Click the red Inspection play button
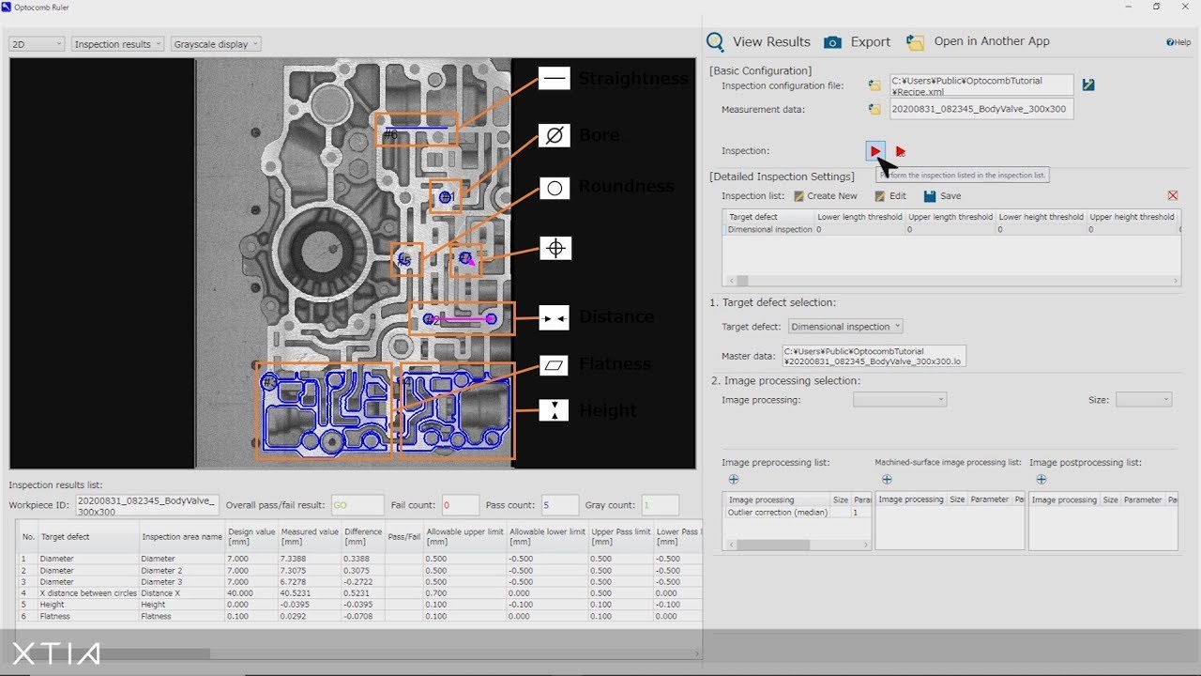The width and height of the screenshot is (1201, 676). pos(874,151)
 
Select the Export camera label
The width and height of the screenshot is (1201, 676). pos(870,42)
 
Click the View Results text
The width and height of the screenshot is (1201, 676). pos(771,42)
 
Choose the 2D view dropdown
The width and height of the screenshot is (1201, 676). pos(37,44)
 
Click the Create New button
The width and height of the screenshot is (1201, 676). pos(826,196)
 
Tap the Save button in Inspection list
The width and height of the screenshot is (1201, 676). pos(942,196)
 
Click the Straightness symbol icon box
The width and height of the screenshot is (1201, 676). pos(555,79)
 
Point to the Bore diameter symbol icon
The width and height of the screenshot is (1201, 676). pos(555,135)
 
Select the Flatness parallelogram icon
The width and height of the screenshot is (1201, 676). pos(555,364)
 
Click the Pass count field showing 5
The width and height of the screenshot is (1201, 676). pos(560,505)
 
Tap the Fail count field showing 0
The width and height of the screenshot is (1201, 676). pos(460,505)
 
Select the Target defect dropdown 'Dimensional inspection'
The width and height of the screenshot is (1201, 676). pos(844,327)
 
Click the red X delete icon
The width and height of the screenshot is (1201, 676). pos(1173,195)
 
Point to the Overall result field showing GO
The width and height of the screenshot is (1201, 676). pos(357,505)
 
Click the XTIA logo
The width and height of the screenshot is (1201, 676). pos(56,654)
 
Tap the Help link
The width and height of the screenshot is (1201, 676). pos(1178,42)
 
